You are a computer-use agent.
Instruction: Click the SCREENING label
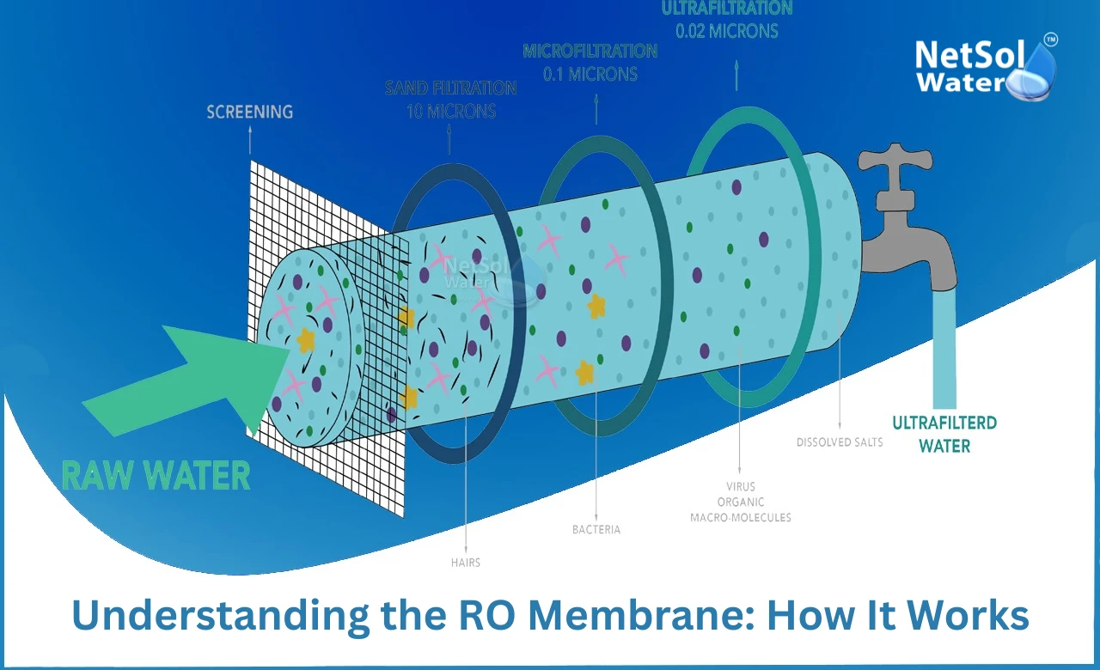(x=249, y=112)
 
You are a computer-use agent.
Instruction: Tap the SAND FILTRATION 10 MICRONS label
(x=450, y=100)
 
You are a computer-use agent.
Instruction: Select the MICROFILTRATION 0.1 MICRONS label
(x=590, y=63)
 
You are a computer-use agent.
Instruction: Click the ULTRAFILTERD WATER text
(x=944, y=434)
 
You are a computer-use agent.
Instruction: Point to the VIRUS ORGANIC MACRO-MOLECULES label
(x=740, y=502)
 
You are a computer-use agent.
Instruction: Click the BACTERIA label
(x=596, y=530)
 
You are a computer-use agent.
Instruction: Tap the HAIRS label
(x=465, y=563)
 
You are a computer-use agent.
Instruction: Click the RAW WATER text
(x=156, y=475)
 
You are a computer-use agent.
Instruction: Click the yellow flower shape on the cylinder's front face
(x=306, y=340)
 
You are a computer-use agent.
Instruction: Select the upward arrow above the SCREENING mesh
(x=250, y=140)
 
